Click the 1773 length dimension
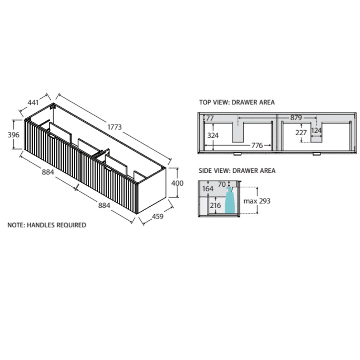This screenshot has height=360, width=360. point(115,127)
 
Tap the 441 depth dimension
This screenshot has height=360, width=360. point(33,102)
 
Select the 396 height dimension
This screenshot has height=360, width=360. point(14,135)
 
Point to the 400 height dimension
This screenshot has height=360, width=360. point(177,183)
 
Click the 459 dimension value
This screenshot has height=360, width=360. point(157,216)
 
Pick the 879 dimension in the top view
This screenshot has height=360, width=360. point(296,117)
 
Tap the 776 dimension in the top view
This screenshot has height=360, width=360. point(257,145)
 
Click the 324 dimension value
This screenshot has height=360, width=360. point(213,135)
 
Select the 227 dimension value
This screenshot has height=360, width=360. point(301,133)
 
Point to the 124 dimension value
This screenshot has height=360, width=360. point(316,130)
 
